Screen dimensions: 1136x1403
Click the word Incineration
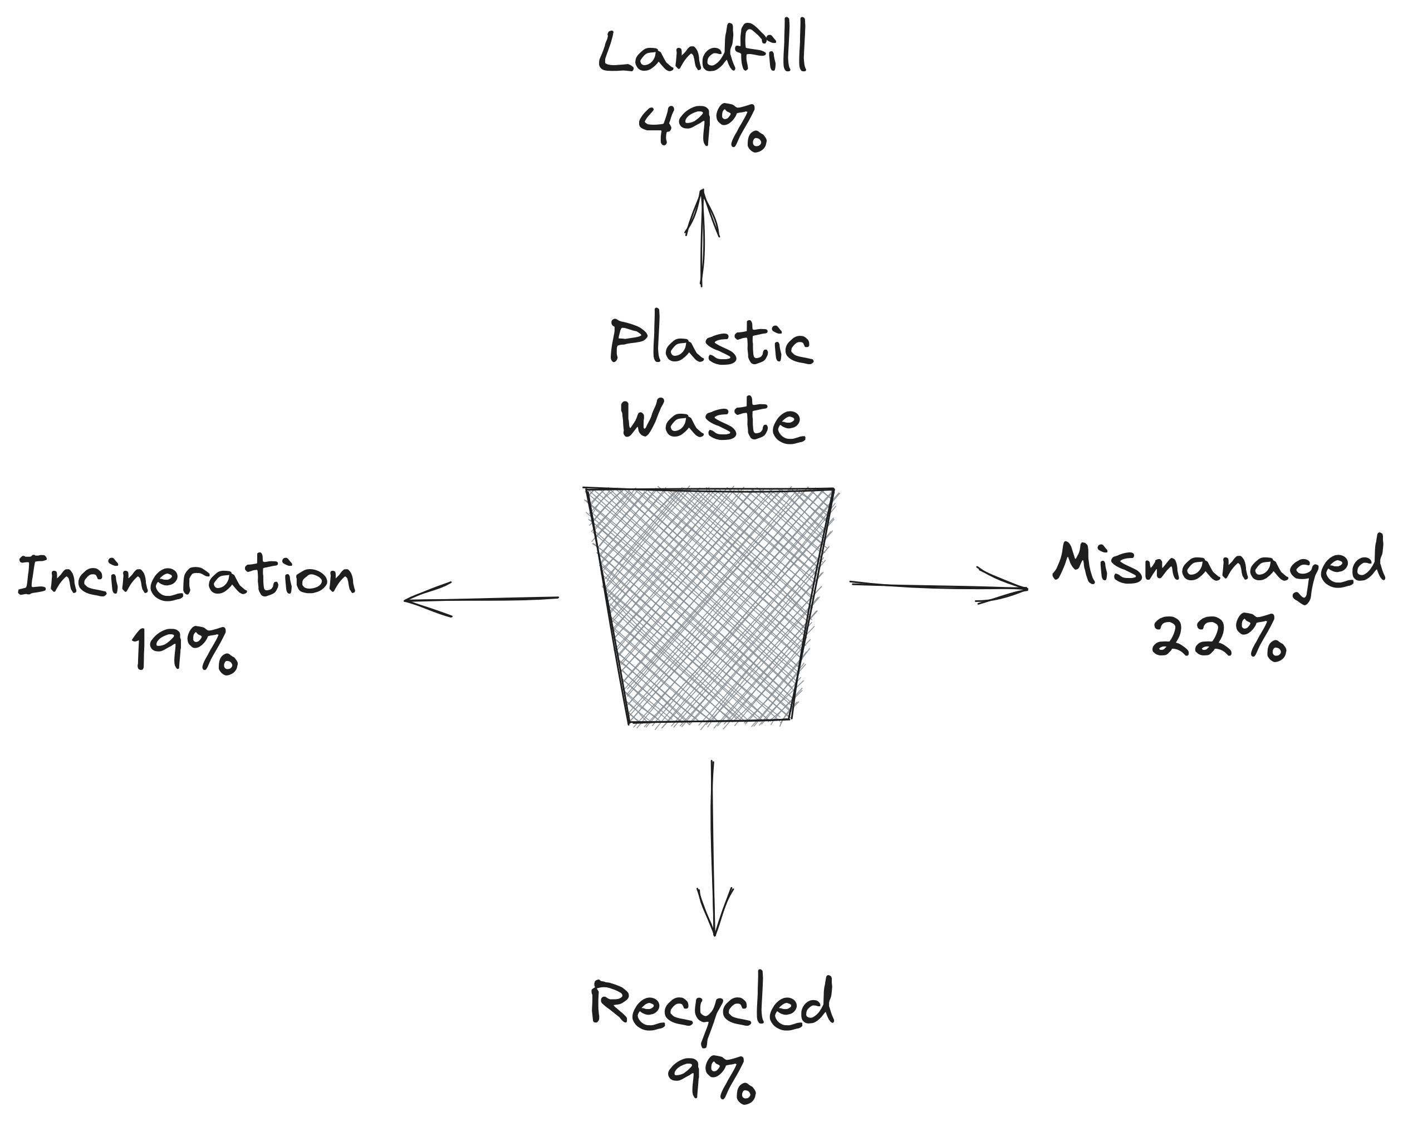pyautogui.click(x=187, y=576)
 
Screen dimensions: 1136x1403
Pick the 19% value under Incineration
pyautogui.click(x=185, y=649)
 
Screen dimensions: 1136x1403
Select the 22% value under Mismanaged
pyautogui.click(x=1218, y=638)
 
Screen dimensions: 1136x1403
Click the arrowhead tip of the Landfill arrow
pyautogui.click(x=703, y=192)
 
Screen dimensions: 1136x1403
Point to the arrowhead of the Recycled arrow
pyautogui.click(x=714, y=933)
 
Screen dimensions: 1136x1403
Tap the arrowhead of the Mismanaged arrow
pyautogui.click(x=1024, y=588)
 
